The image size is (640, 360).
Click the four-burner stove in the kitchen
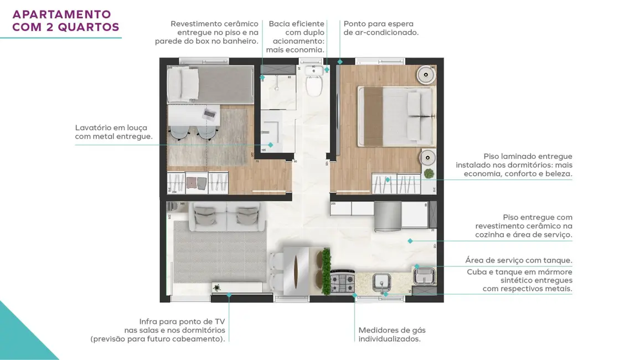(342, 282)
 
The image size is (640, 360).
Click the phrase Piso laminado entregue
(528, 157)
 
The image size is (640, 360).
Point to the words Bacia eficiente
(297, 24)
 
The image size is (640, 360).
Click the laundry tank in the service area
(425, 275)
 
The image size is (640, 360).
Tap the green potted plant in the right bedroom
(429, 174)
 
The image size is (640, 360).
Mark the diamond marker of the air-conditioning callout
(340, 61)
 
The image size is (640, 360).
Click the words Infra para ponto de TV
(182, 321)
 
